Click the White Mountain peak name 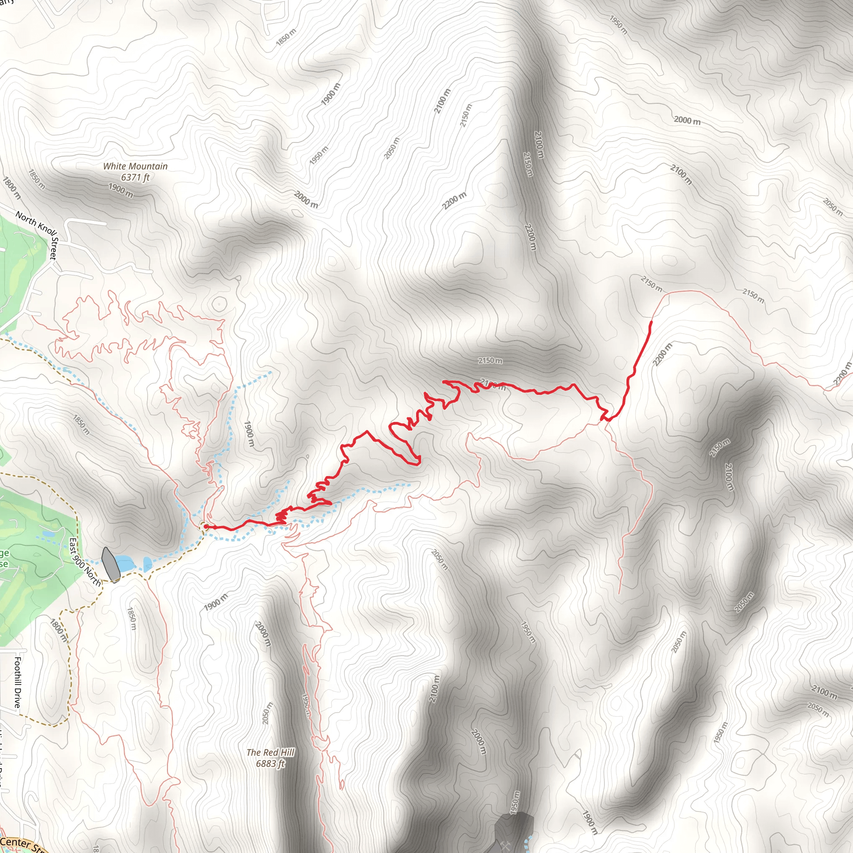pyautogui.click(x=135, y=167)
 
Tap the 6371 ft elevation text pyautogui.click(x=135, y=177)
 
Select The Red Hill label pyautogui.click(x=270, y=752)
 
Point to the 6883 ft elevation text pyautogui.click(x=270, y=763)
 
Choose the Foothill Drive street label pyautogui.click(x=17, y=682)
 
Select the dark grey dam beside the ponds pyautogui.click(x=110, y=565)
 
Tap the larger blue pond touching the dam pyautogui.click(x=125, y=564)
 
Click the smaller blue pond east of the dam pyautogui.click(x=147, y=564)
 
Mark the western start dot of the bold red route pyautogui.click(x=206, y=526)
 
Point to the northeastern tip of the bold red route pyautogui.click(x=651, y=322)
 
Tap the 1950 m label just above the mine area pyautogui.click(x=514, y=801)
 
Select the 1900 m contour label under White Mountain pyautogui.click(x=120, y=190)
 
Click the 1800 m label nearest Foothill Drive pyautogui.click(x=58, y=630)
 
